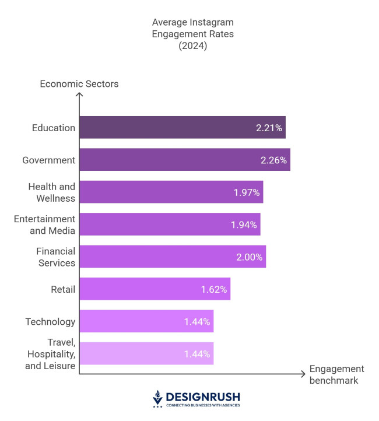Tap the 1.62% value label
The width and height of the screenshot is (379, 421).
pyautogui.click(x=213, y=289)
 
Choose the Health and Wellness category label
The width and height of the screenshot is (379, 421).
pyautogui.click(x=52, y=192)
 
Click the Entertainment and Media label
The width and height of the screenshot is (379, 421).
pyautogui.click(x=44, y=224)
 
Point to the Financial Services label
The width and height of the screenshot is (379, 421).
pyautogui.click(x=55, y=257)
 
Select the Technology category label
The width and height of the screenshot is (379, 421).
pyautogui.click(x=50, y=321)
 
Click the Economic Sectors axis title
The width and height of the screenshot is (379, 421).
pyautogui.click(x=79, y=84)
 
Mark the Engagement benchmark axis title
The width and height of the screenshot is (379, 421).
pyautogui.click(x=336, y=375)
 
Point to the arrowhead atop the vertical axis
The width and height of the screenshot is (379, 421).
pyautogui.click(x=79, y=95)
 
